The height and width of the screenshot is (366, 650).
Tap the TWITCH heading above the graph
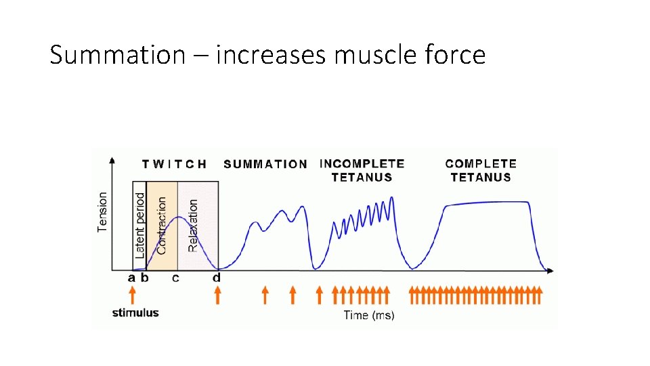coord(175,164)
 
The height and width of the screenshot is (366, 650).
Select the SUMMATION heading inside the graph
coord(265,164)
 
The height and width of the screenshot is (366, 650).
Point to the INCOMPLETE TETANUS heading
coord(362,170)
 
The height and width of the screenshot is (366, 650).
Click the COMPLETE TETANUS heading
coord(481,170)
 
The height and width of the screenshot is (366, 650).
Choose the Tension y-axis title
coord(103,211)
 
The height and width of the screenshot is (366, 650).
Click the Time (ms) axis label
coord(369,314)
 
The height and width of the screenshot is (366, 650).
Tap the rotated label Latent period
coord(140,224)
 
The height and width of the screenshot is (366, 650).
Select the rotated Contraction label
coord(162,225)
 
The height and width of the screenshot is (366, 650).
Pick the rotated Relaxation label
coord(193,225)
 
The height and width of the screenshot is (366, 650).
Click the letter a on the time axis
coord(132,277)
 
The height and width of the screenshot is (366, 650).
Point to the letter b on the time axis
coord(144,277)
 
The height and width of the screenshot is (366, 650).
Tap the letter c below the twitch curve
coord(176,277)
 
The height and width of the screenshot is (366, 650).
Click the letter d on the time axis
coord(217,277)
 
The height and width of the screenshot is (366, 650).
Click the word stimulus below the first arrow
coord(135,312)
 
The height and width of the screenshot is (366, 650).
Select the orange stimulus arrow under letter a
coord(133,295)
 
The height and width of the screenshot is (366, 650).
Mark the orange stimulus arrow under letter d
coord(217,295)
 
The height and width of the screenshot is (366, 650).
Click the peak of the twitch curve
coord(177,217)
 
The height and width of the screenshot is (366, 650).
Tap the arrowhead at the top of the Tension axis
coord(112,160)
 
